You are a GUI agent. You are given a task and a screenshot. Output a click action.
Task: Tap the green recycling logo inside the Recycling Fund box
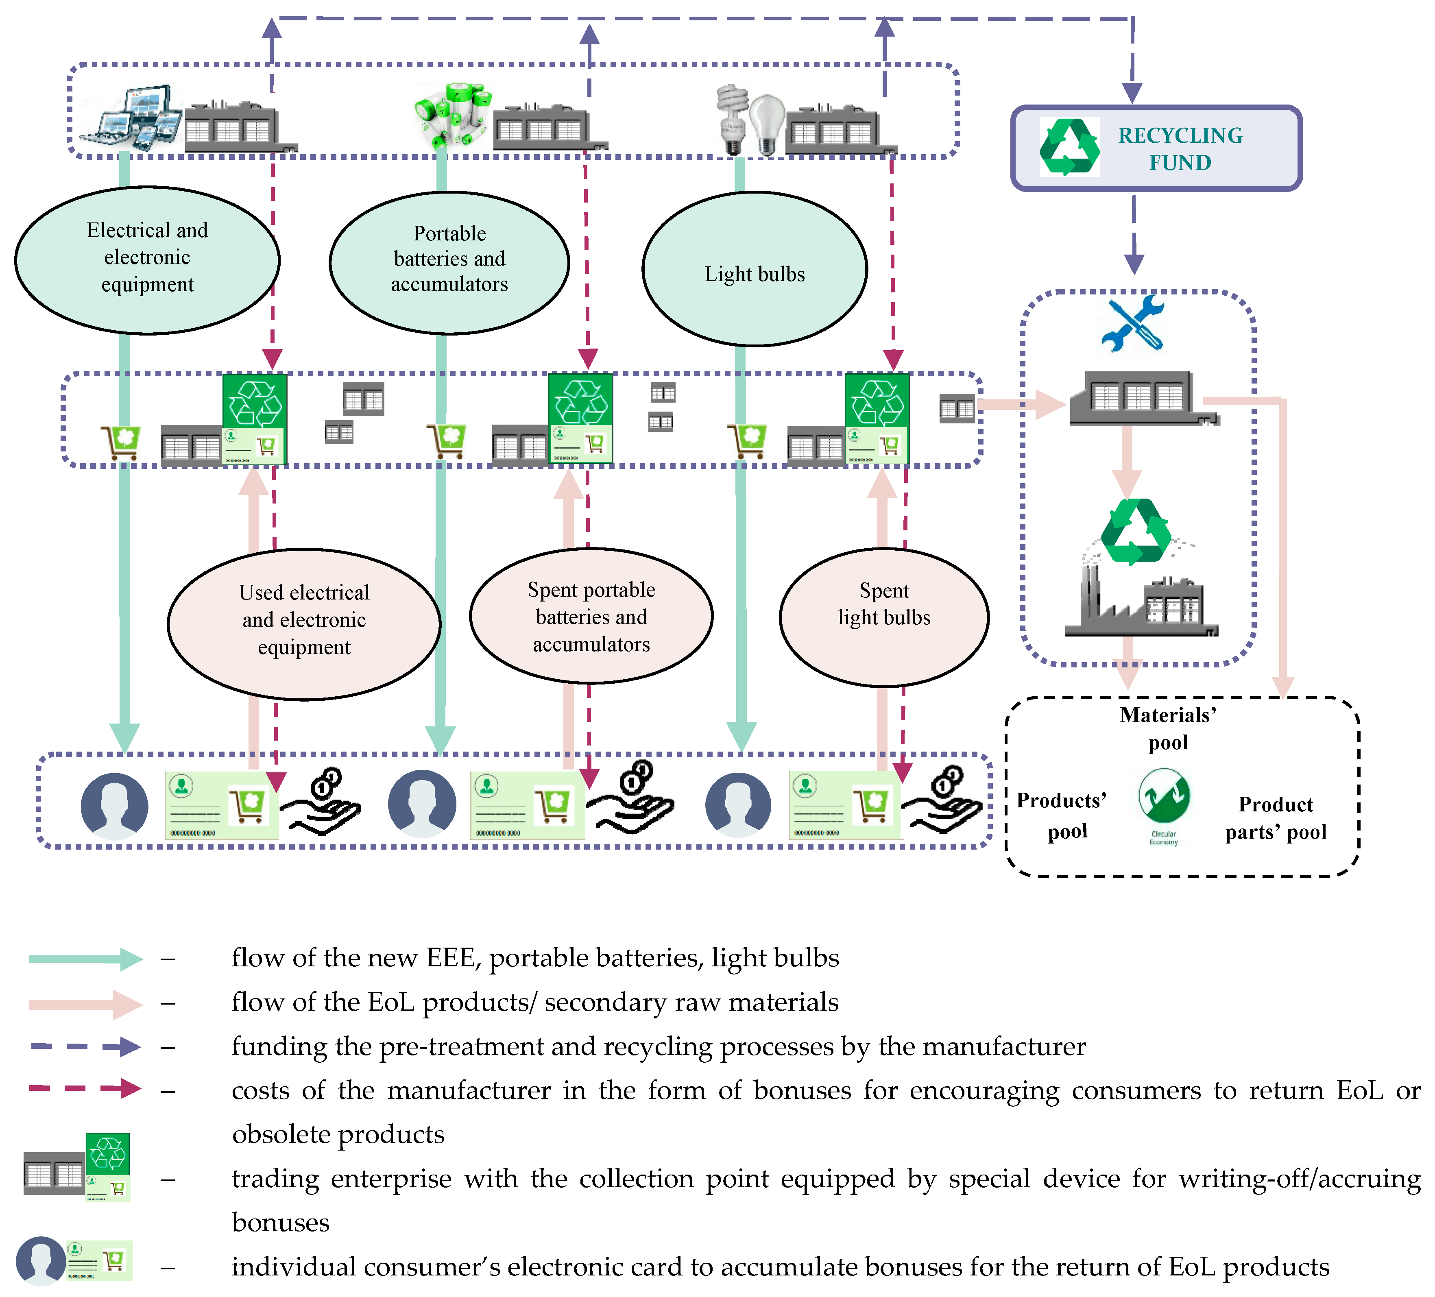pyautogui.click(x=1069, y=147)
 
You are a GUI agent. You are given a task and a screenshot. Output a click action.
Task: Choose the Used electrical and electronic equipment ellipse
pyautogui.click(x=304, y=623)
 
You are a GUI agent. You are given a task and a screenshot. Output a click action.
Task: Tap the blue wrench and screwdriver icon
pyautogui.click(x=1132, y=323)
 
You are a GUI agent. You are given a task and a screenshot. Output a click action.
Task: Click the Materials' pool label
pyautogui.click(x=1168, y=728)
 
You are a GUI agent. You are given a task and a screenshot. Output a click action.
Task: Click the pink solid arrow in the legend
pyautogui.click(x=85, y=1004)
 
